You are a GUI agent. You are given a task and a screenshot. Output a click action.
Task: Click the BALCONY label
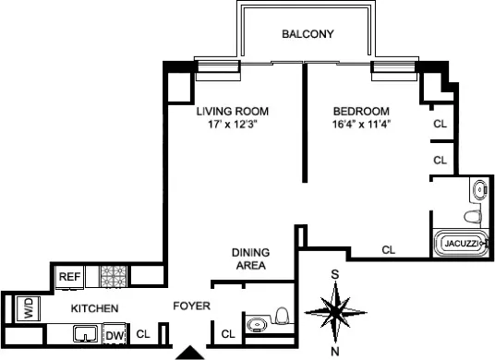(x=308, y=35)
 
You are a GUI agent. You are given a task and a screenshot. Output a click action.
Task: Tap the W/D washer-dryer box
(x=28, y=309)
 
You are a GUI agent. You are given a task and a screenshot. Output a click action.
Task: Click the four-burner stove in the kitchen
(x=112, y=275)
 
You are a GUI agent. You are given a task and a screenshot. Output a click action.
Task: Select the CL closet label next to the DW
(x=143, y=334)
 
